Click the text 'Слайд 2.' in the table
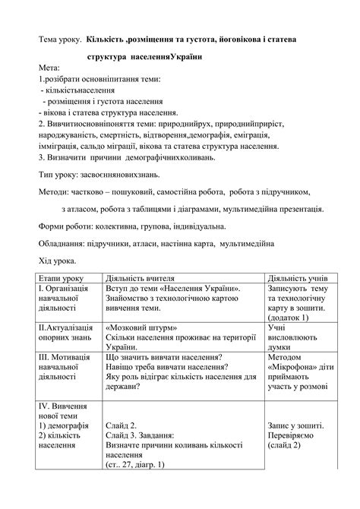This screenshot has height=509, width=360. pos(122,425)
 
